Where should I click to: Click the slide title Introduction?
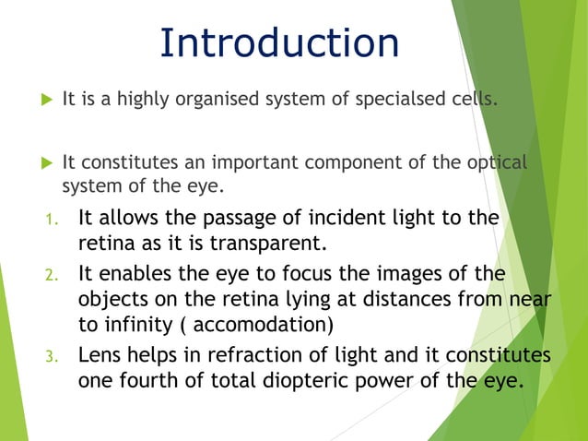(x=279, y=44)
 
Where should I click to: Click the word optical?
(x=499, y=163)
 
